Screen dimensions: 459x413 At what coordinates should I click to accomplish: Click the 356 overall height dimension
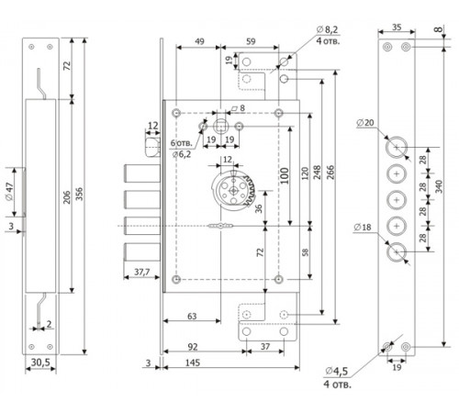(x=79, y=194)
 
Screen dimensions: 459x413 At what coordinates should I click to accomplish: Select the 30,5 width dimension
(x=40, y=363)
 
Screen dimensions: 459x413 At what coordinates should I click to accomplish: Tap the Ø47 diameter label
(x=9, y=192)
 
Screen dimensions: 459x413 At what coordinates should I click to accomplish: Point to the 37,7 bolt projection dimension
(x=141, y=272)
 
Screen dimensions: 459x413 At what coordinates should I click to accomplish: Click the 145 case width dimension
(x=193, y=363)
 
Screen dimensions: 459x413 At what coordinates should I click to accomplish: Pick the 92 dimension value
(x=193, y=347)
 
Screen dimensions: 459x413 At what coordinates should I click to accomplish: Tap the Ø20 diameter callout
(x=365, y=123)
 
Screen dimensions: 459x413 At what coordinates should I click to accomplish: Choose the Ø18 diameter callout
(x=363, y=227)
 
